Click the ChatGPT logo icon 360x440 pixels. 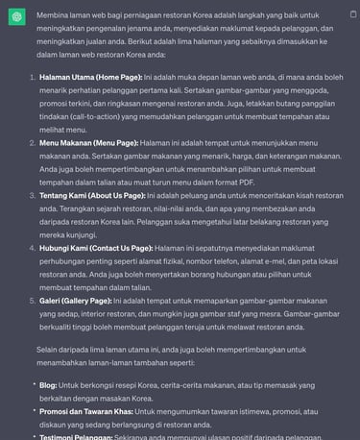tap(17, 17)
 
